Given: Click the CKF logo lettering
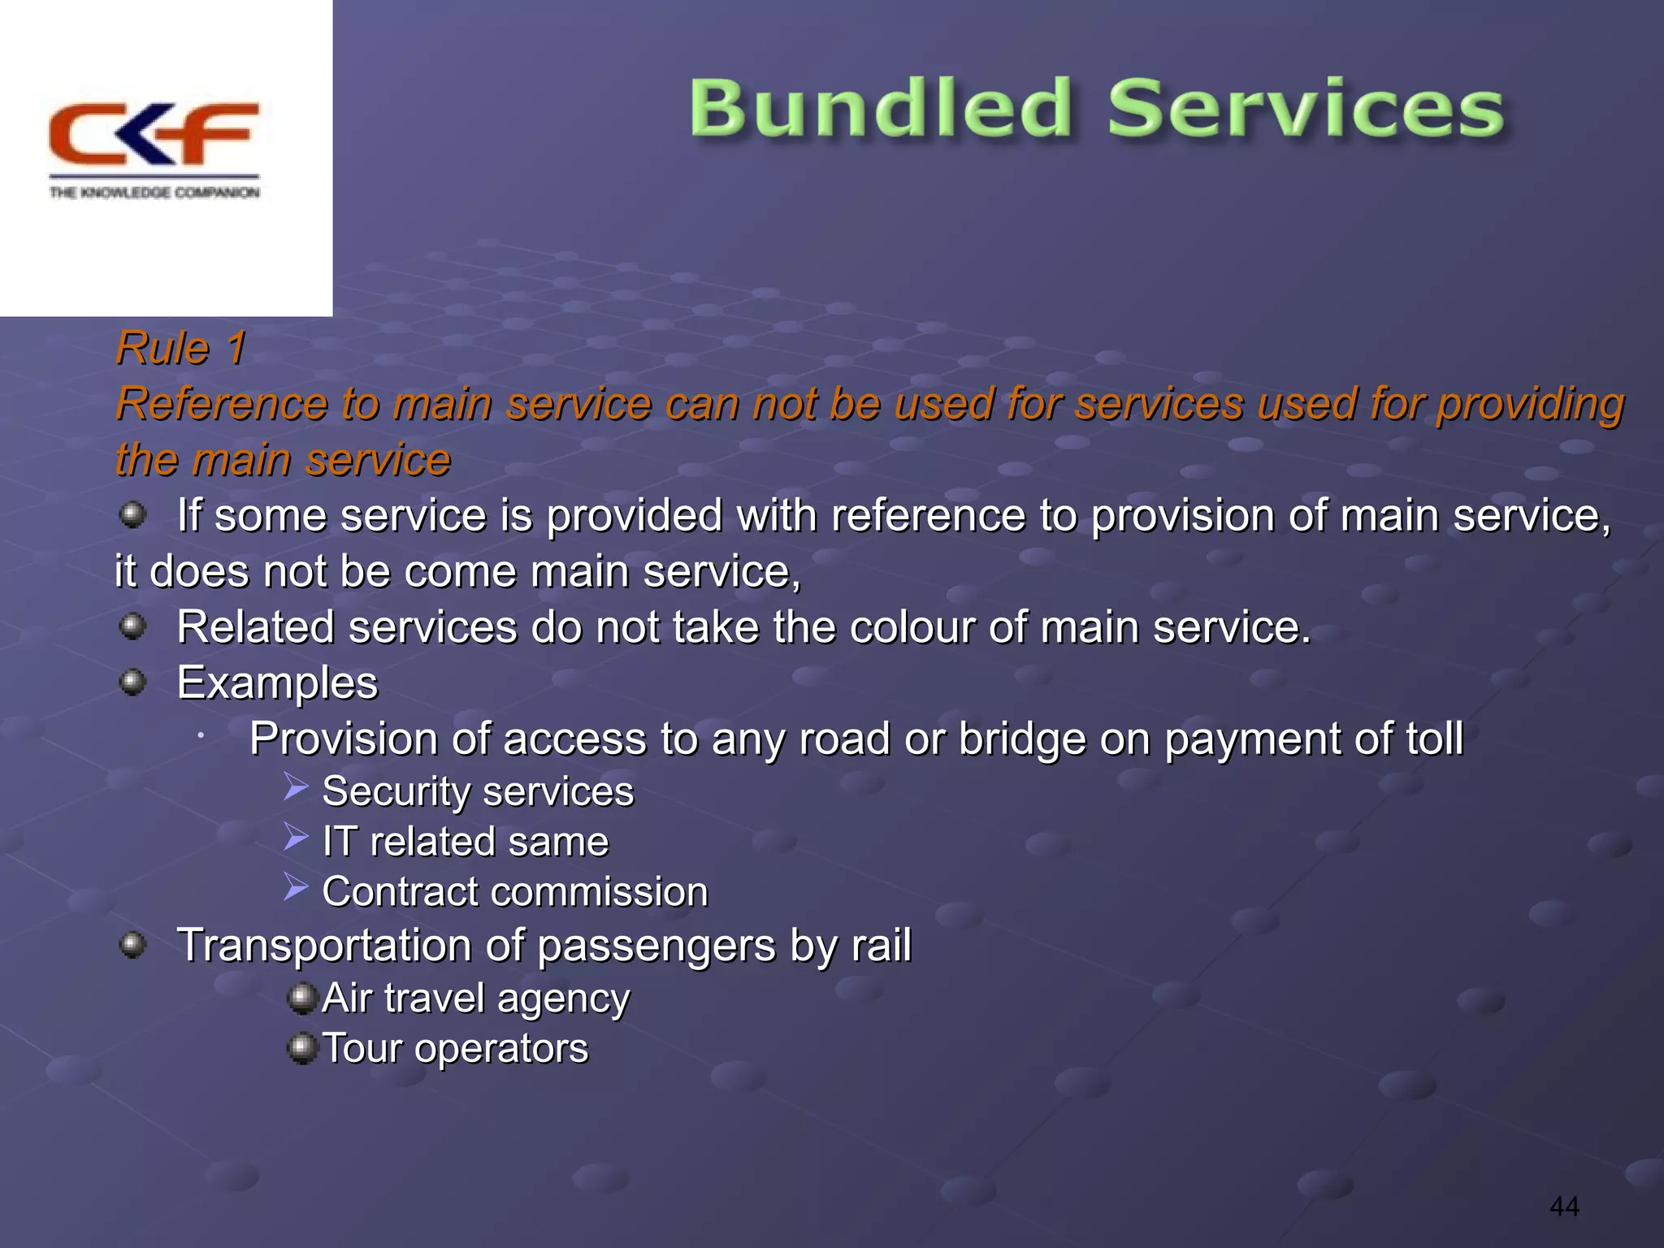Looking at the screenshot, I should (154, 134).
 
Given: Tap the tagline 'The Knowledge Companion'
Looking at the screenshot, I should (154, 193).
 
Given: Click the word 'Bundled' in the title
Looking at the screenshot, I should (881, 108).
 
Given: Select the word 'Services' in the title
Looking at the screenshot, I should (1306, 108).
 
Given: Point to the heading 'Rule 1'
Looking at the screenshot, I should (180, 349).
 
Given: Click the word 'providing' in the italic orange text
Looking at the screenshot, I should (1530, 404).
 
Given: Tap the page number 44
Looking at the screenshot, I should (1564, 1207).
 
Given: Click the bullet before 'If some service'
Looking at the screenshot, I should (132, 514).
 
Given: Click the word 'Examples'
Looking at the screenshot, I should (277, 682).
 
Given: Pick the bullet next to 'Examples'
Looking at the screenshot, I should (132, 682).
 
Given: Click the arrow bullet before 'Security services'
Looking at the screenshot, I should (296, 786).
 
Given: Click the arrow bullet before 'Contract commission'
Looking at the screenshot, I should (296, 887).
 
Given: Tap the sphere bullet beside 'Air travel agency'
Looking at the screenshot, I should (302, 998).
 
